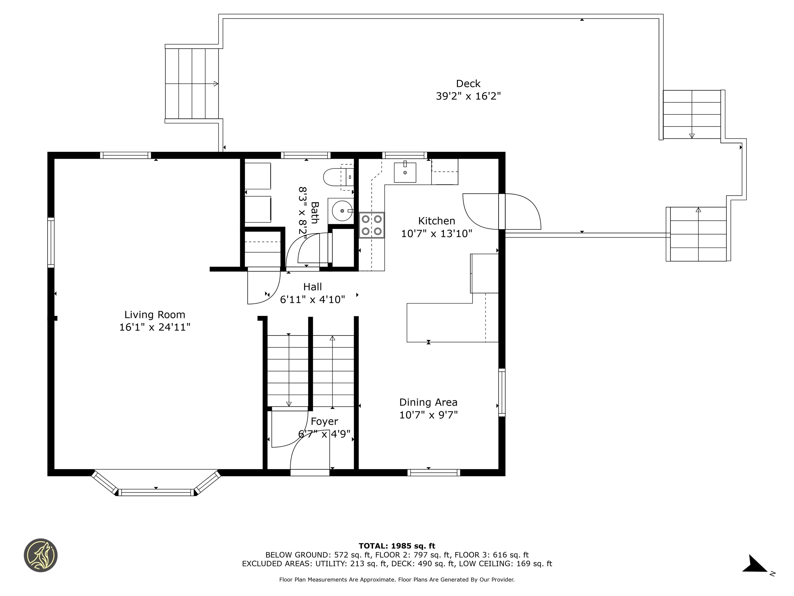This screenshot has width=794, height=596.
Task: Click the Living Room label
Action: coord(155,315)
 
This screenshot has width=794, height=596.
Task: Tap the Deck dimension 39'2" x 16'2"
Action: coord(468,96)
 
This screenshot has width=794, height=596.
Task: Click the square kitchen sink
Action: coord(405,173)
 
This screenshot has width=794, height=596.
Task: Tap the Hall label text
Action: coord(312,287)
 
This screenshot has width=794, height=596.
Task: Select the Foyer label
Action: coord(324,421)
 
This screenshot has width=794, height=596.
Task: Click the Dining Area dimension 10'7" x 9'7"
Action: coord(428,415)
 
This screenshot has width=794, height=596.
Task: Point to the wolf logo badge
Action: coord(41,555)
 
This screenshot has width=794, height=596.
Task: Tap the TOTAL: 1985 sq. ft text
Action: coord(397,546)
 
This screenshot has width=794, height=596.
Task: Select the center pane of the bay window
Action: coord(156,492)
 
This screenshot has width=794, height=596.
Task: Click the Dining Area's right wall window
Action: coord(502,393)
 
